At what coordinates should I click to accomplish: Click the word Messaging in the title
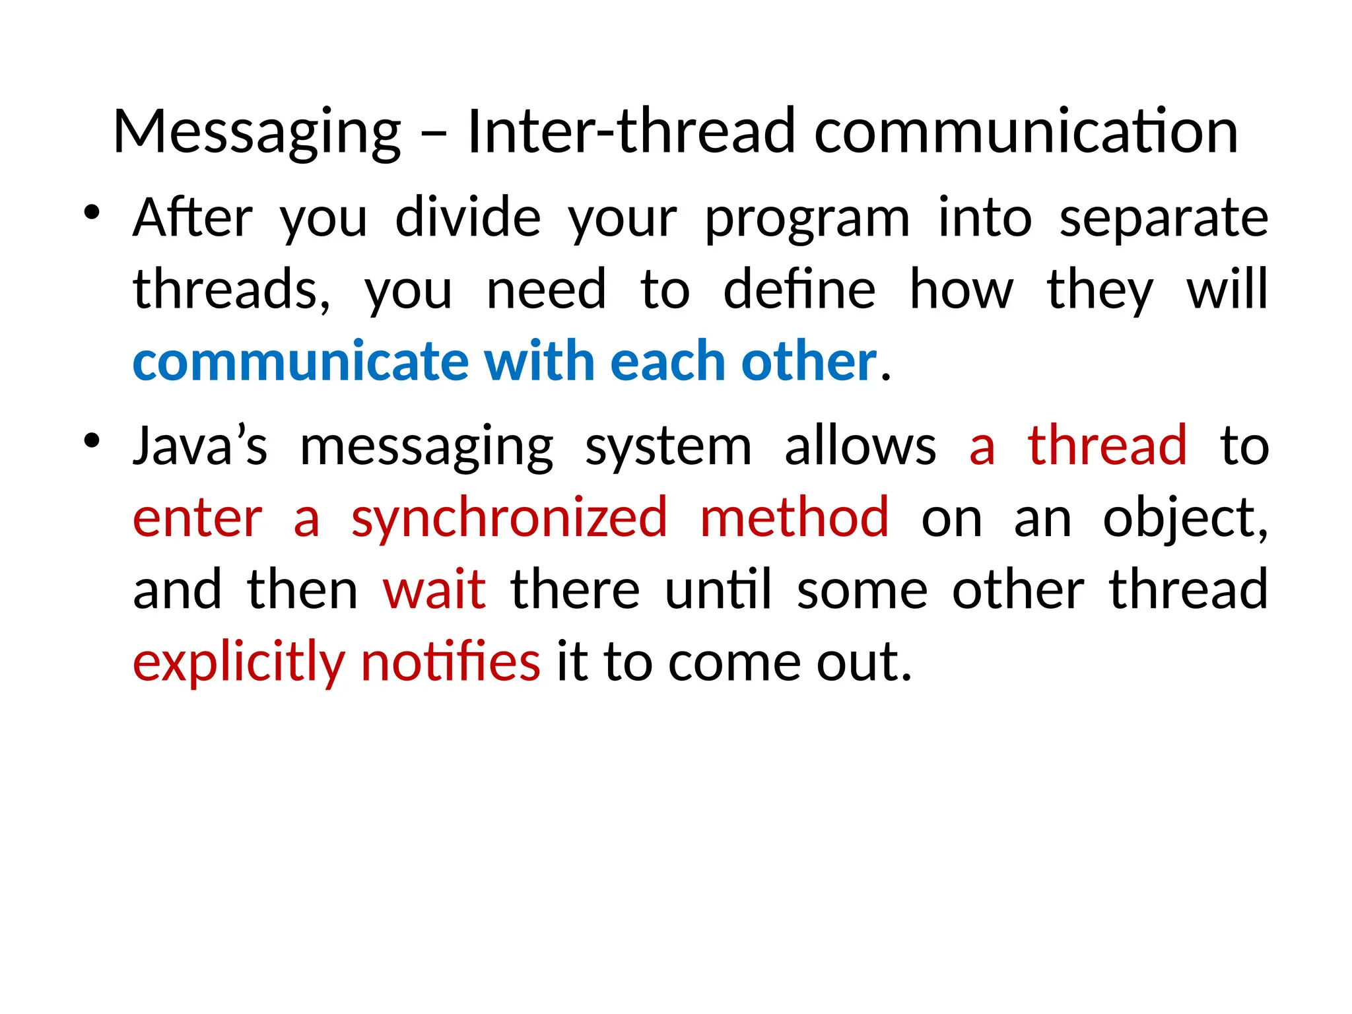click(x=257, y=132)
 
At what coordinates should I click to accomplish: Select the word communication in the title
click(x=1026, y=132)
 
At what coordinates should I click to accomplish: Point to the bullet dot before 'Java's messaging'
click(x=91, y=440)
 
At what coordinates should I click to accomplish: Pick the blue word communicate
click(x=300, y=362)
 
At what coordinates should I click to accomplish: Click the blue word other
click(x=809, y=362)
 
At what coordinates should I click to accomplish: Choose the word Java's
click(x=200, y=446)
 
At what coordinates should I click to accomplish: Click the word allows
click(x=860, y=446)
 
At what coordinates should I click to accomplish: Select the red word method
click(x=794, y=518)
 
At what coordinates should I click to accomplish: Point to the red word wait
click(x=434, y=590)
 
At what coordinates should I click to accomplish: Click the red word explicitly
click(x=239, y=663)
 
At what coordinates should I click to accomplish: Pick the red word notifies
click(x=451, y=661)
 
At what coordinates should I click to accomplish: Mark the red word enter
click(x=197, y=519)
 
